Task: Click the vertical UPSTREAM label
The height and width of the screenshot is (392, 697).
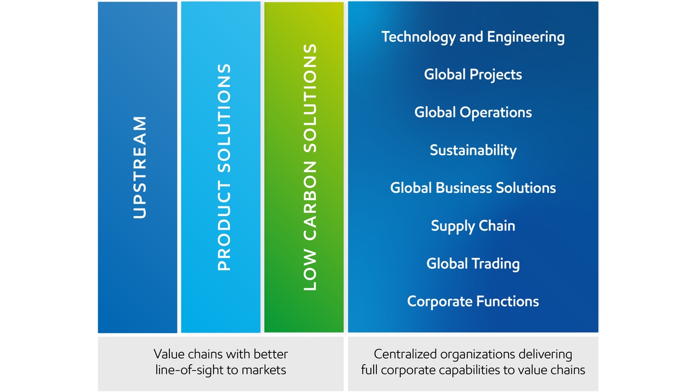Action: (x=140, y=167)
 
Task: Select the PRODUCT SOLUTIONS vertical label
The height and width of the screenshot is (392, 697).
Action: (x=224, y=167)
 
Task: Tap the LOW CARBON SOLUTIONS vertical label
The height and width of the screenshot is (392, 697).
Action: (x=310, y=167)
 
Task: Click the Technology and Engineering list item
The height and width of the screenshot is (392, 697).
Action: (x=473, y=38)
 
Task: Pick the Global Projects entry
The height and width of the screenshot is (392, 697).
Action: (x=473, y=75)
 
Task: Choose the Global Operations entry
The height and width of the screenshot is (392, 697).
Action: (x=473, y=113)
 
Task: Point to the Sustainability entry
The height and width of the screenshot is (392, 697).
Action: (x=473, y=151)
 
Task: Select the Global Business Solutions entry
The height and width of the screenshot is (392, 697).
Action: (x=473, y=188)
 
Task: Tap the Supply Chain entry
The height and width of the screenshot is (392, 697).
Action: (x=473, y=226)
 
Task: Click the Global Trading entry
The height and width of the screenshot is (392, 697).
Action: (x=473, y=264)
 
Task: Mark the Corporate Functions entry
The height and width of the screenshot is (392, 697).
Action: (x=473, y=302)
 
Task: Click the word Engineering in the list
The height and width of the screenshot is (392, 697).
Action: (x=526, y=38)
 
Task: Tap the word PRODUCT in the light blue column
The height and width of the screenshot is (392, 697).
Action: (x=224, y=226)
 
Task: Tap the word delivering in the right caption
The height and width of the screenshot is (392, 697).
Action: (x=545, y=354)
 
